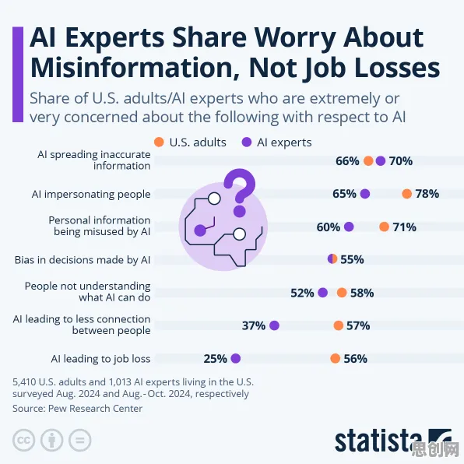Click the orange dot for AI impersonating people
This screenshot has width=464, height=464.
(407, 194)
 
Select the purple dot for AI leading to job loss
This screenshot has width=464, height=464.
(236, 358)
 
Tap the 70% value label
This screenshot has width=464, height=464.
(401, 161)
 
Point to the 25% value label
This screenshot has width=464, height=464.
(215, 359)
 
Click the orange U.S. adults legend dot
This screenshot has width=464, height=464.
(159, 142)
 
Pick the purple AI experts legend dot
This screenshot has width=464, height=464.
(247, 142)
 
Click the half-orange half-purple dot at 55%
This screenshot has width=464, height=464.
(332, 258)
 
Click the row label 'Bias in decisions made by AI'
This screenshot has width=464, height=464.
(83, 260)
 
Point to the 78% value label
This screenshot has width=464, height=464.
(427, 194)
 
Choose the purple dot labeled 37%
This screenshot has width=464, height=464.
(274, 325)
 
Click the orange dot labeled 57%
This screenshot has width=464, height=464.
(338, 325)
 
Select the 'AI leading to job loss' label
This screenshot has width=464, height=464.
(100, 359)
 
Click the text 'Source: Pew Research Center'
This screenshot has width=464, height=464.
(78, 409)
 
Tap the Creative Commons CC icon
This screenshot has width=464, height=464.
(23, 440)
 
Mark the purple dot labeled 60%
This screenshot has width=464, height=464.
(349, 227)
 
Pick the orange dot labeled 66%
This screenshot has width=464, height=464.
(368, 161)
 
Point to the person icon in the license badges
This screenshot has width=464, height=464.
(52, 440)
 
